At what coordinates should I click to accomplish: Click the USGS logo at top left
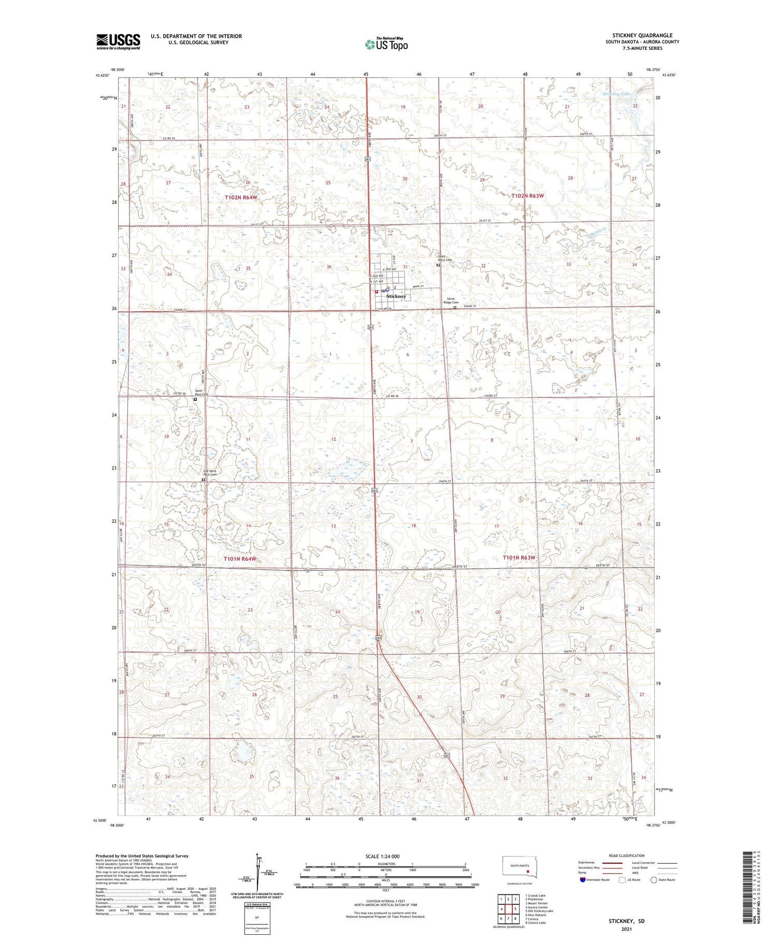click(118, 41)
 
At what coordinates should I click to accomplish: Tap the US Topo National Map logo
click(386, 44)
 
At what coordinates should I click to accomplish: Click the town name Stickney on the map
click(396, 296)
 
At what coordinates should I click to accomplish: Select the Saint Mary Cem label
click(445, 258)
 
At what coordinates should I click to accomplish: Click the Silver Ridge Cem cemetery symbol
click(455, 307)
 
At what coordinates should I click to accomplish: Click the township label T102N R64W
click(241, 198)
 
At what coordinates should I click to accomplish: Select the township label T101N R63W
click(519, 557)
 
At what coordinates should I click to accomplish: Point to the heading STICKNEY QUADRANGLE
click(642, 35)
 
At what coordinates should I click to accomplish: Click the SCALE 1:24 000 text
click(382, 856)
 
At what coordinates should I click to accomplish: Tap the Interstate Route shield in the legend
click(583, 880)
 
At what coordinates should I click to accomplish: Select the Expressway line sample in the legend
click(613, 863)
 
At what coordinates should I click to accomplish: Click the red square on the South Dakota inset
click(528, 872)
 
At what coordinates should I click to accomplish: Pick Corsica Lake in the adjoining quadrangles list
click(535, 922)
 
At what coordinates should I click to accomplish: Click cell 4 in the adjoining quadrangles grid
click(501, 909)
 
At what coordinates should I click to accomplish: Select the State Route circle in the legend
click(654, 880)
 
